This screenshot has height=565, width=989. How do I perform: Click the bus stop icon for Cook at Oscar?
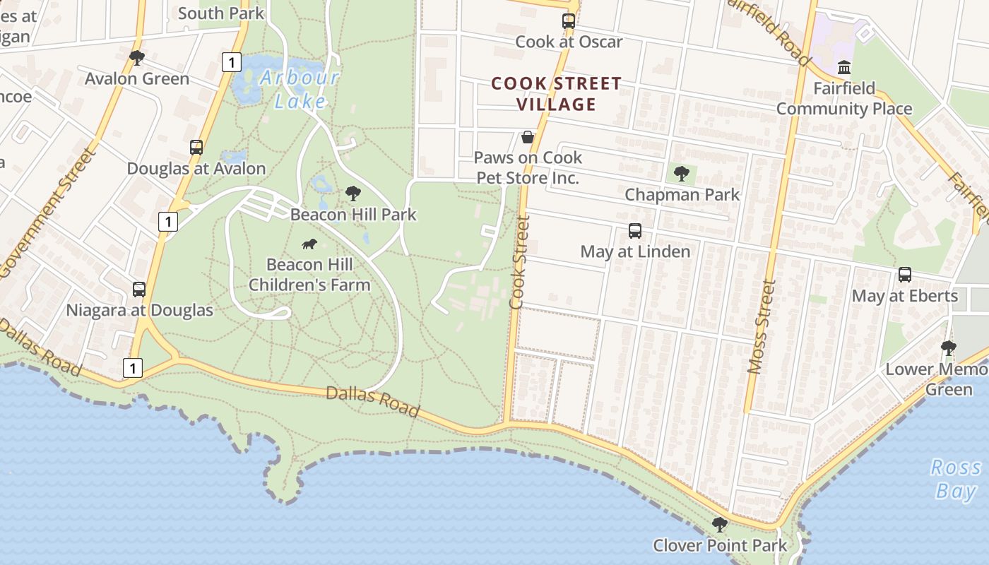point(569,21)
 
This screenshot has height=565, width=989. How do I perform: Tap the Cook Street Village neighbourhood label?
point(557,94)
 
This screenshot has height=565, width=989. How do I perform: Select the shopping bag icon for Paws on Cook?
point(528,137)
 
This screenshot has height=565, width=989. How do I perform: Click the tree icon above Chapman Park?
point(682,173)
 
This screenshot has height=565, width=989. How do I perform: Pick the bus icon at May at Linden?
point(635,231)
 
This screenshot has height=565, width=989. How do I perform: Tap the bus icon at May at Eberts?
point(905,275)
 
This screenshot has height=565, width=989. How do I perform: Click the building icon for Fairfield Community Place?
point(844,68)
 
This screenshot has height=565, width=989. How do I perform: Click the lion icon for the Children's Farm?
point(309,244)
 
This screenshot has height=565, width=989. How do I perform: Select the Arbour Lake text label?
point(300,89)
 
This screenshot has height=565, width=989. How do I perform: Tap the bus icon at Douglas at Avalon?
point(196,148)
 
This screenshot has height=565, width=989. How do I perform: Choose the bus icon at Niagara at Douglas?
point(139,290)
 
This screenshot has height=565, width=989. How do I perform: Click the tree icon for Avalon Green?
point(137,58)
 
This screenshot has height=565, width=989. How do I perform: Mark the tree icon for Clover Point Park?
point(720,525)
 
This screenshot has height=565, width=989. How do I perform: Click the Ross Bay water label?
point(956,479)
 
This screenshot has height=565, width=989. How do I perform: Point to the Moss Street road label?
point(761,327)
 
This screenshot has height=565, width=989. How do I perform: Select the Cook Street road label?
point(519,262)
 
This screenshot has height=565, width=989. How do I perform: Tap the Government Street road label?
point(47,213)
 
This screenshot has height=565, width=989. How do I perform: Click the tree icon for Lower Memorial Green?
point(949,348)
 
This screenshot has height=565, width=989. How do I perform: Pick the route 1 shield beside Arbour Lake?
point(231,62)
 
